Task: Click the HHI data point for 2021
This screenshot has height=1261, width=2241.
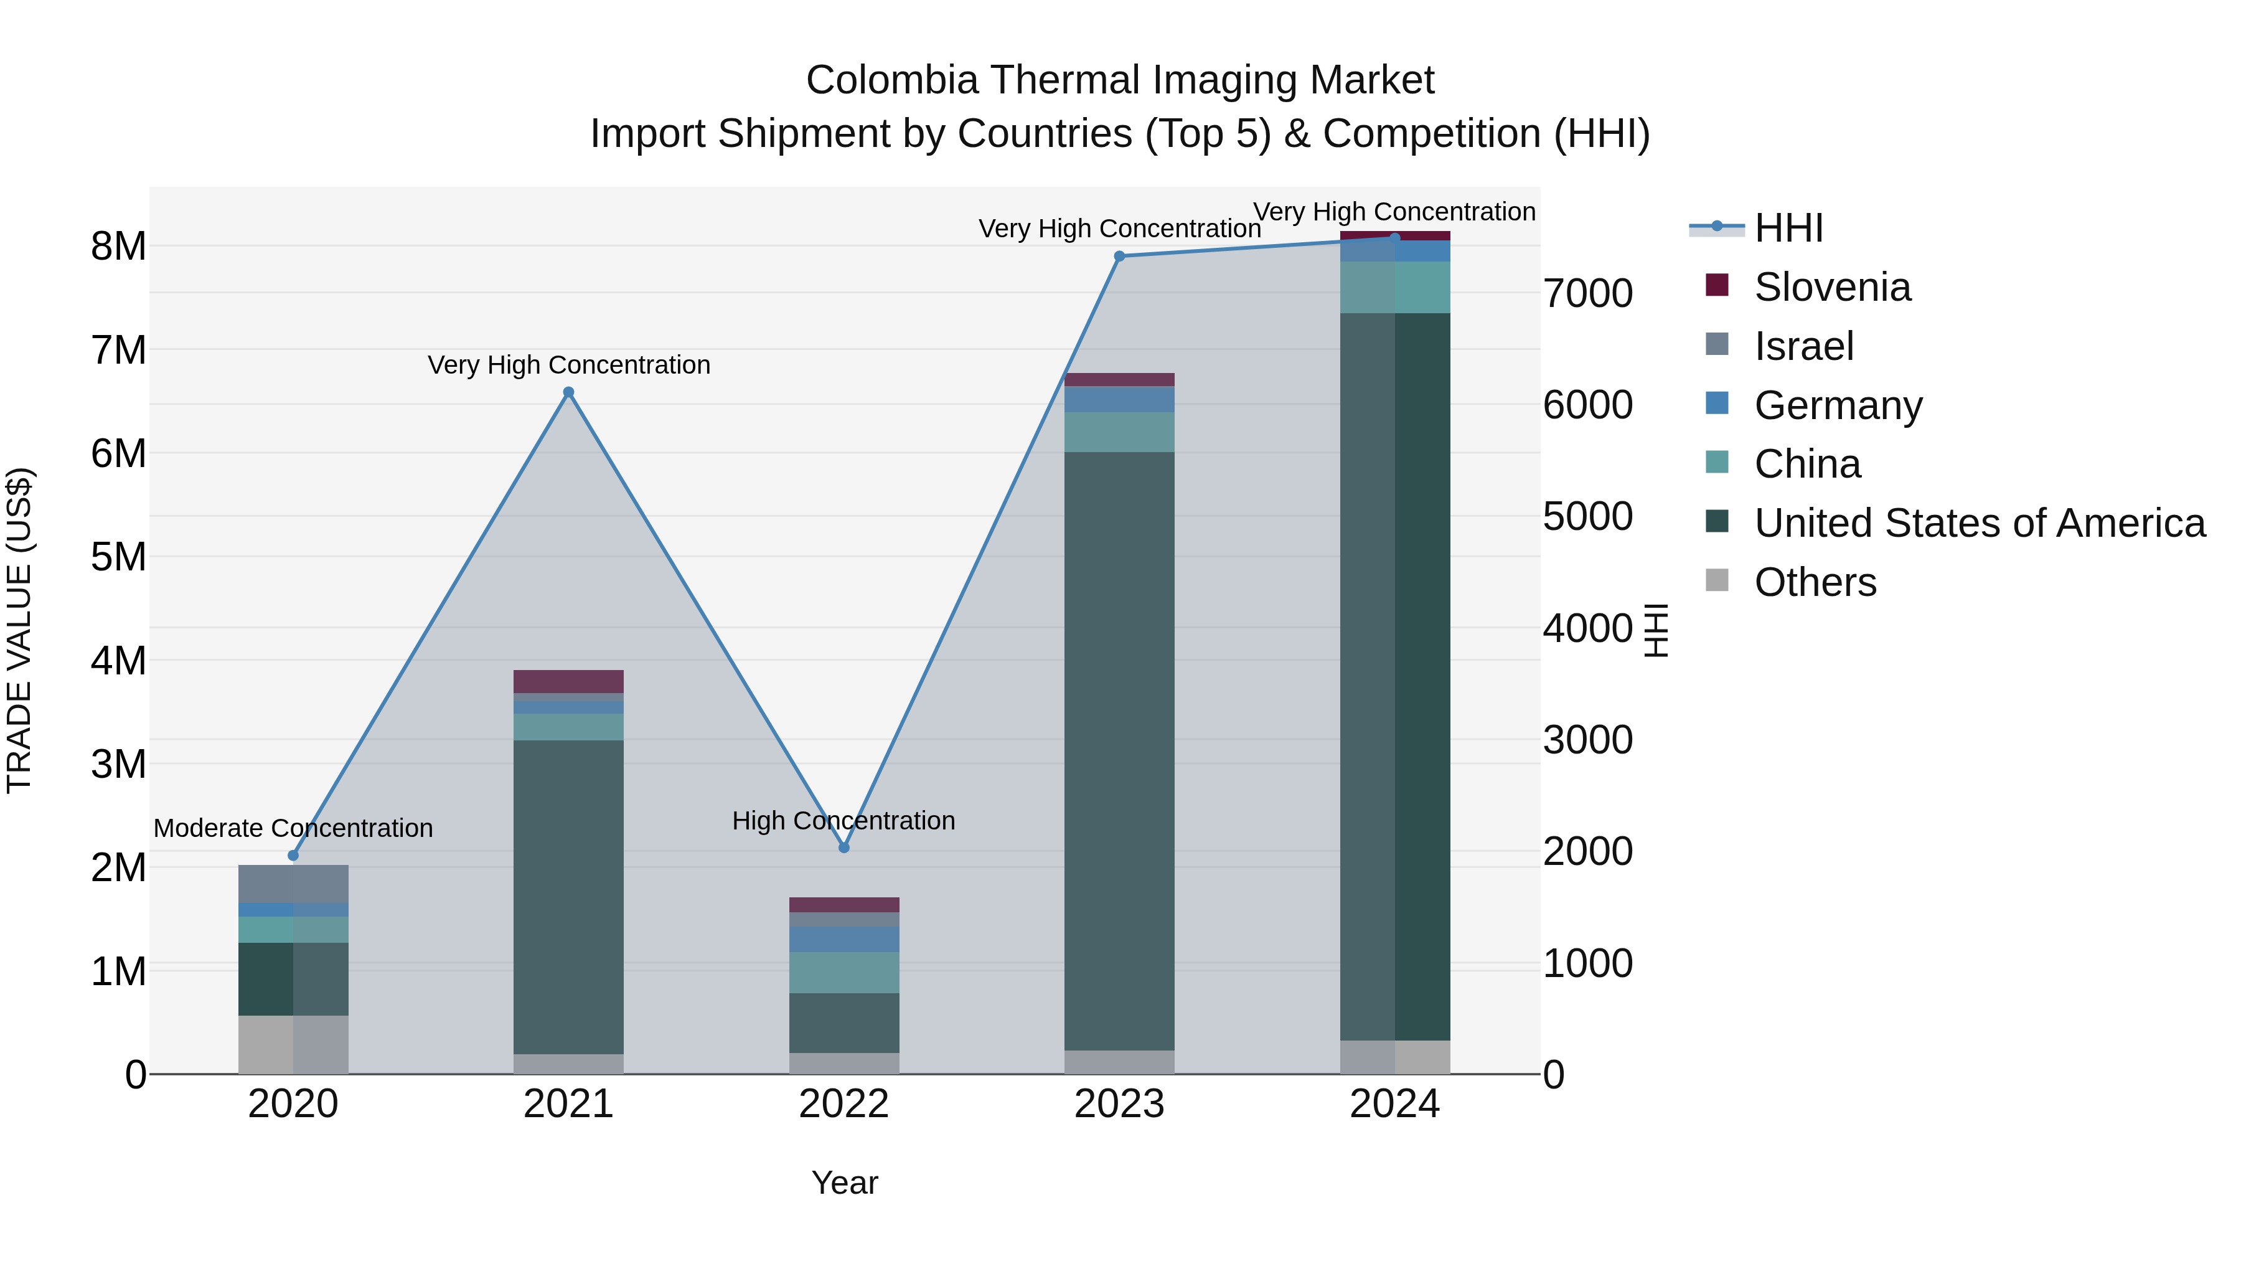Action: (568, 392)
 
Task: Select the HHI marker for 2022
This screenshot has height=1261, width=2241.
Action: (844, 848)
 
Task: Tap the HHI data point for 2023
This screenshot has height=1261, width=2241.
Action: (1120, 256)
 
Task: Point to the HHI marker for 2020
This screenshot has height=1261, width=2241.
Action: (293, 856)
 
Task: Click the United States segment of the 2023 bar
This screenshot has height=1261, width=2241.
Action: (1120, 749)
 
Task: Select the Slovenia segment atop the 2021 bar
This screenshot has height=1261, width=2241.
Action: (568, 681)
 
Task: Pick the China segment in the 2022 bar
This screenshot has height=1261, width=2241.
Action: (844, 972)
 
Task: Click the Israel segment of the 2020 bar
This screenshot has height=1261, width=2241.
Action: (293, 883)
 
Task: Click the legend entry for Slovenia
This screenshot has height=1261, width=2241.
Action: (1831, 287)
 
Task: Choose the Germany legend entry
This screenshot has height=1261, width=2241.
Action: (1838, 405)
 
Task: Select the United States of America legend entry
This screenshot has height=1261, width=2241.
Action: (1979, 523)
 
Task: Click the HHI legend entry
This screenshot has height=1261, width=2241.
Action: (1788, 228)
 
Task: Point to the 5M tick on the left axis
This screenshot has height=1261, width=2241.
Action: (119, 557)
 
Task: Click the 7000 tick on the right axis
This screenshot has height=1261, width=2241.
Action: (1587, 293)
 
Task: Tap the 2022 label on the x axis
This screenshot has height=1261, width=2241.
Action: (844, 1104)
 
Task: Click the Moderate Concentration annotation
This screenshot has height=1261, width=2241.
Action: (293, 828)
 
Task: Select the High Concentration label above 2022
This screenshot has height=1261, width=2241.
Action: (844, 821)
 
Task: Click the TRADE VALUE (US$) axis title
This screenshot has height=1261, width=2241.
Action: (19, 630)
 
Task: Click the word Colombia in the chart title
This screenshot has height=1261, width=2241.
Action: (891, 80)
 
